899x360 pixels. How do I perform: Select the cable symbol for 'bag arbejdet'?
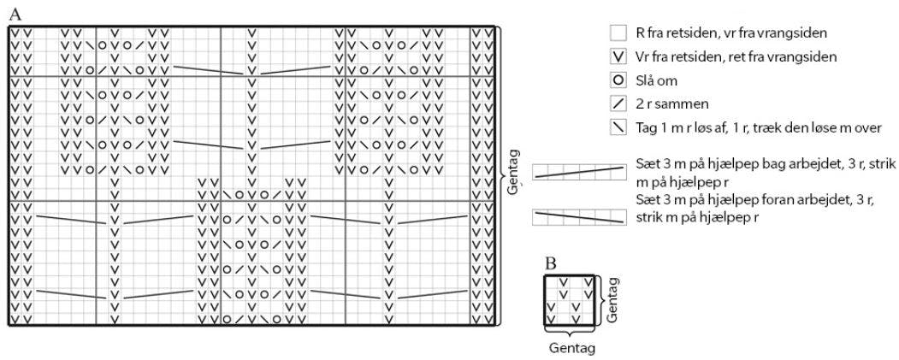coord(578,172)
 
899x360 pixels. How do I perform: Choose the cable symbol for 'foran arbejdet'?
coord(578,218)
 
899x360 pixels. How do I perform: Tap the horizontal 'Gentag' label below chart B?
coord(570,348)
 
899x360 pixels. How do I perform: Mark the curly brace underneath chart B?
coord(570,333)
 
